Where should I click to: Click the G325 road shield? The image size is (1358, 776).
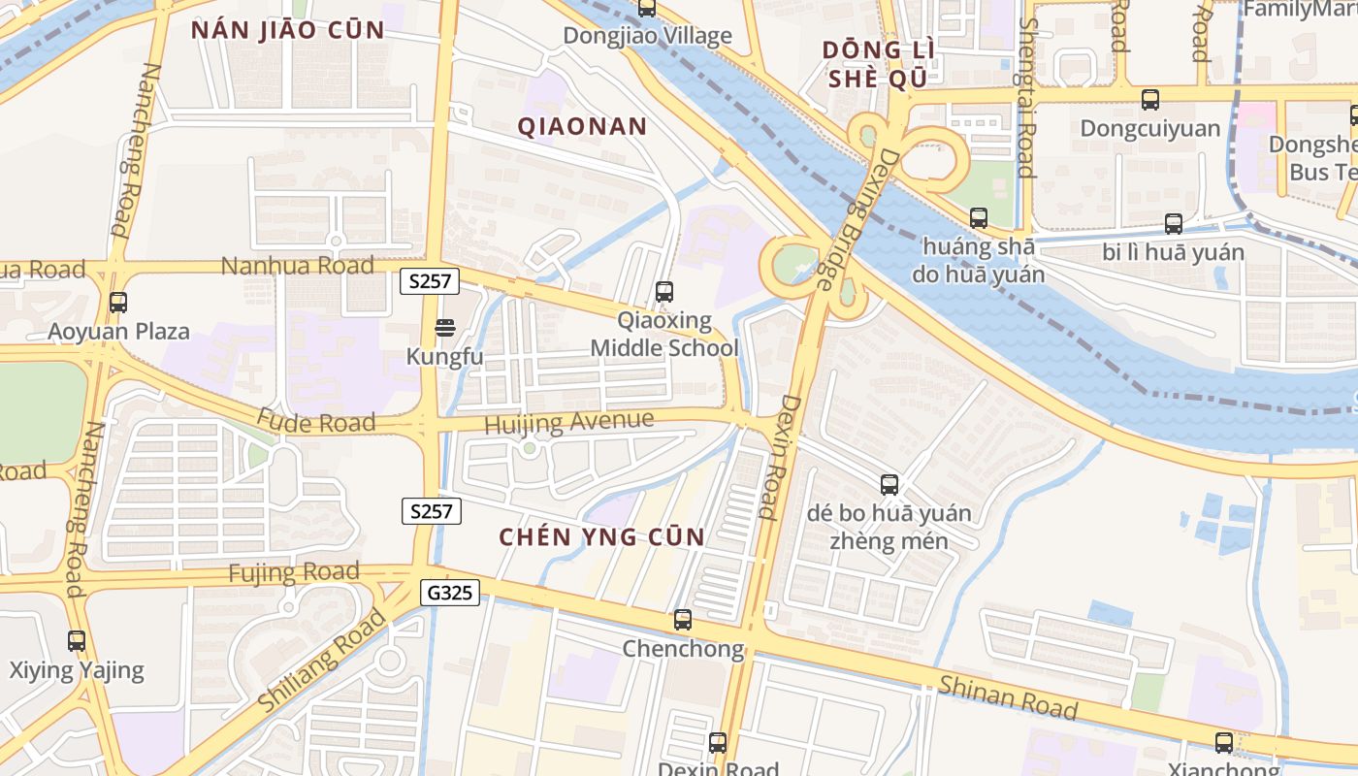[451, 592]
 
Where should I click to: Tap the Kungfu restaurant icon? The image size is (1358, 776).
[445, 328]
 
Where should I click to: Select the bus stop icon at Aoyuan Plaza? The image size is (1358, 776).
[118, 303]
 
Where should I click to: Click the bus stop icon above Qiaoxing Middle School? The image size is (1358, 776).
[664, 291]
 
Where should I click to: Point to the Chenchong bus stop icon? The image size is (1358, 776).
[683, 620]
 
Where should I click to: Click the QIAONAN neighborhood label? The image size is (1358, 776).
[582, 126]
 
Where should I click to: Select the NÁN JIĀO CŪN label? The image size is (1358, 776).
[288, 30]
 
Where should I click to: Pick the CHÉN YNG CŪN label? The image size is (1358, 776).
[601, 536]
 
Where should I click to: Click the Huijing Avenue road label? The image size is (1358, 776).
[568, 423]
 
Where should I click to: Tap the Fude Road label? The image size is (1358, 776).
[316, 422]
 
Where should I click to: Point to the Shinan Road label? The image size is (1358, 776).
[1008, 698]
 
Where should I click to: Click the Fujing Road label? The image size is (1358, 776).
[294, 572]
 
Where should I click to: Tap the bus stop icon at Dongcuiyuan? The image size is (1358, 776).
[1150, 100]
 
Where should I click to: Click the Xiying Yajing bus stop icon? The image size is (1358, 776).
[77, 641]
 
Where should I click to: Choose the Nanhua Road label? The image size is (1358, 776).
[298, 266]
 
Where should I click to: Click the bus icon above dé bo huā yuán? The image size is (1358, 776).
[889, 485]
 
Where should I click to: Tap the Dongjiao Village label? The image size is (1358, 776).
[648, 37]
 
